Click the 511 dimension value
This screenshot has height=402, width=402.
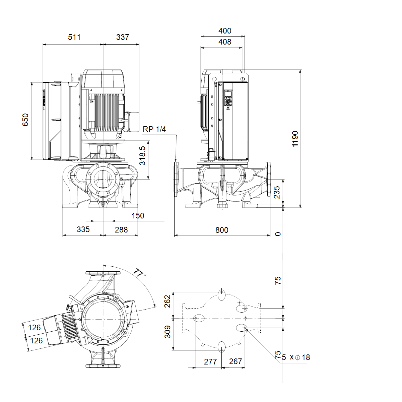tap(74, 37)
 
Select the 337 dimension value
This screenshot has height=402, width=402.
tap(123, 37)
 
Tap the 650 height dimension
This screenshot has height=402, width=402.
tap(25, 120)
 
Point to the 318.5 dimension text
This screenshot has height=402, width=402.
tap(142, 156)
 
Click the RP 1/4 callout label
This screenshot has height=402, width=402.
tap(154, 129)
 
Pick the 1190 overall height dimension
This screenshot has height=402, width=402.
tap(295, 139)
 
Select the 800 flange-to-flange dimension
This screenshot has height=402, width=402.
tap(222, 230)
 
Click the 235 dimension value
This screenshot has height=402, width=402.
tap(277, 192)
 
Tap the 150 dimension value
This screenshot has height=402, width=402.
tap(138, 216)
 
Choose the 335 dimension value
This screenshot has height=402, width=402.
tap(83, 229)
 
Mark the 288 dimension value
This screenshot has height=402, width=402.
tap(121, 230)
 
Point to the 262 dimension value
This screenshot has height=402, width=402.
tap(167, 301)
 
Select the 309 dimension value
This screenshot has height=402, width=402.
tap(167, 332)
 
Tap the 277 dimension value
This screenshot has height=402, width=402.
tap(210, 362)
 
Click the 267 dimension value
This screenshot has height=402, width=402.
tap(235, 361)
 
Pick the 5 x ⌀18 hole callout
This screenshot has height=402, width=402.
tap(296, 357)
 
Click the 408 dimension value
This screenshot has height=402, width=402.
tap(225, 42)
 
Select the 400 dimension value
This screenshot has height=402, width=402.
tap(225, 31)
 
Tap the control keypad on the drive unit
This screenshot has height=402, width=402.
tap(228, 102)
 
